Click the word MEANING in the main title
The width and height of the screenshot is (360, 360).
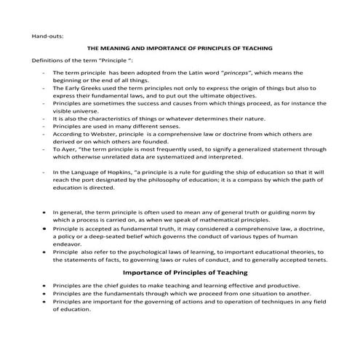pyautogui.click(x=130, y=48)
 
